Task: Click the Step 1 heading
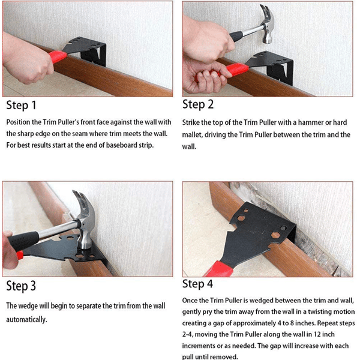pos(22,106)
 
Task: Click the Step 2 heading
pos(198,104)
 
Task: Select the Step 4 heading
pos(198,284)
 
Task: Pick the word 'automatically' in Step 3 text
pos(26,319)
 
